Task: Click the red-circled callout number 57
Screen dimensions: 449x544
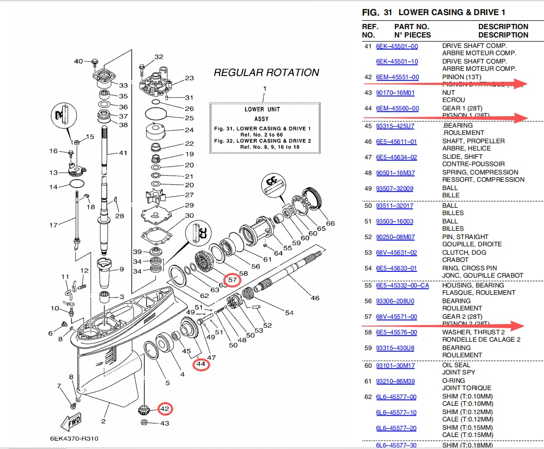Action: click(x=233, y=280)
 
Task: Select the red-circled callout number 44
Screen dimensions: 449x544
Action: click(x=201, y=365)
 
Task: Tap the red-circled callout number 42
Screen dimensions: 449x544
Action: click(x=164, y=409)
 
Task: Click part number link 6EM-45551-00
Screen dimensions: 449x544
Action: click(x=397, y=77)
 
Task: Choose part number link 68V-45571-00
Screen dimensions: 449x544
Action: click(x=396, y=317)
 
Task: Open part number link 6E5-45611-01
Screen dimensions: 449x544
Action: click(x=396, y=141)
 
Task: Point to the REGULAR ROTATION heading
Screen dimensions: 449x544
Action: click(x=266, y=72)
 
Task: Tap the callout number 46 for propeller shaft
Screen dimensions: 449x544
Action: click(x=315, y=298)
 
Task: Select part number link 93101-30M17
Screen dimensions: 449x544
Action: click(x=395, y=365)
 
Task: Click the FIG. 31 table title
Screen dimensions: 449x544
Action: click(x=433, y=12)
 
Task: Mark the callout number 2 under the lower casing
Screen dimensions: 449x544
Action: click(x=103, y=421)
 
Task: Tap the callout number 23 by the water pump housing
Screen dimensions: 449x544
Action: click(x=189, y=78)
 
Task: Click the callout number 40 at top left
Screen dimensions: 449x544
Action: click(x=78, y=61)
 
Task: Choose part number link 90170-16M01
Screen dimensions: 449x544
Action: click(x=395, y=93)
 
